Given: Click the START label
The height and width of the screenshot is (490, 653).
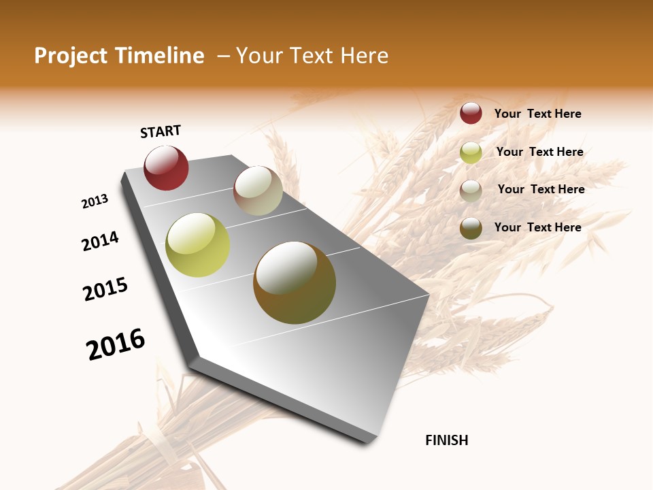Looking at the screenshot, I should pyautogui.click(x=161, y=131).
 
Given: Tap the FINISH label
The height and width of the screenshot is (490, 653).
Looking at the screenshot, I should pyautogui.click(x=446, y=440).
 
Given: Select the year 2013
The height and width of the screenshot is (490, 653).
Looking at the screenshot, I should pyautogui.click(x=95, y=201).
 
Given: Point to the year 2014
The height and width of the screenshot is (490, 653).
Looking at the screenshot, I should pyautogui.click(x=100, y=241).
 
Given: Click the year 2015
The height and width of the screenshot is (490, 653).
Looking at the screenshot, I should pyautogui.click(x=105, y=289).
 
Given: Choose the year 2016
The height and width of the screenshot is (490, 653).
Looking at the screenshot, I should pyautogui.click(x=116, y=344).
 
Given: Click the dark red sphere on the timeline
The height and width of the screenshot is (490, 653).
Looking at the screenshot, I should pyautogui.click(x=166, y=168).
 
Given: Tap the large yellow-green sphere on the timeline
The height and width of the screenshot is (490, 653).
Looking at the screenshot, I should pyautogui.click(x=198, y=245).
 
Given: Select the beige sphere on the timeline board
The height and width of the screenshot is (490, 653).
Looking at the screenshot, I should pyautogui.click(x=258, y=191).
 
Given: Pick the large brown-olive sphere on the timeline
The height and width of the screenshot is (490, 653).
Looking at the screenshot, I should pyautogui.click(x=295, y=282).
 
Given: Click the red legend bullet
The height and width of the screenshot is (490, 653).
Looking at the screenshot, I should pyautogui.click(x=471, y=113).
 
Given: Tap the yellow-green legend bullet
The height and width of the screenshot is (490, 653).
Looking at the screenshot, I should pyautogui.click(x=471, y=152).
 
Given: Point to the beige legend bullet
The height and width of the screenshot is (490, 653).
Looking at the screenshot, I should pyautogui.click(x=471, y=191).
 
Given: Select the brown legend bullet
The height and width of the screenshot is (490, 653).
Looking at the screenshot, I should pyautogui.click(x=471, y=228).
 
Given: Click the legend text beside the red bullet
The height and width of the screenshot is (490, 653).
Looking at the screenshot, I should pyautogui.click(x=537, y=114).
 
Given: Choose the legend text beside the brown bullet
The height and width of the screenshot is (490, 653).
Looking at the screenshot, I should pyautogui.click(x=537, y=227).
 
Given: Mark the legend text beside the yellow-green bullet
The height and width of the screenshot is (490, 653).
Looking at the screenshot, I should pyautogui.click(x=539, y=152).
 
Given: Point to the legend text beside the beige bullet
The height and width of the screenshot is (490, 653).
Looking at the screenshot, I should pyautogui.click(x=541, y=189).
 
